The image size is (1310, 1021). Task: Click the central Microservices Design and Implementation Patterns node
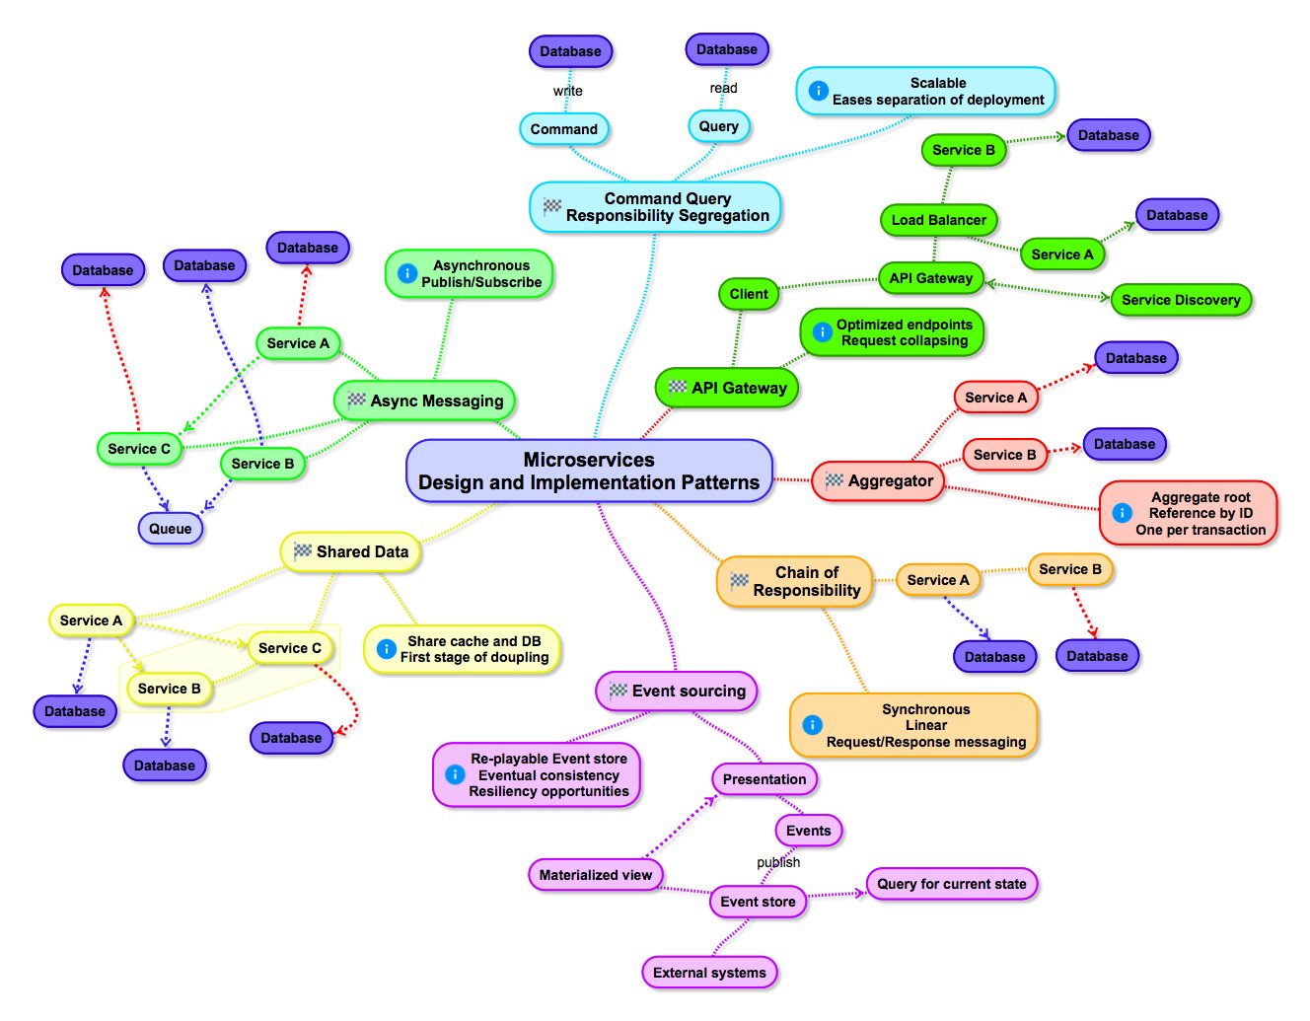[589, 471]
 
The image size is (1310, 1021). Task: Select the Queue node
[171, 529]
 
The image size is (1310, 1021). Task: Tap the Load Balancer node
[939, 220]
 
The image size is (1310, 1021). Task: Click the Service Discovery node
[1181, 300]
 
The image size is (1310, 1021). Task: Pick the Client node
[749, 294]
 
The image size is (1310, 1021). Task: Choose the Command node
[563, 129]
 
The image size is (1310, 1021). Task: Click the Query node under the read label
[718, 126]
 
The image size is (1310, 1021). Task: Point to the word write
[568, 91]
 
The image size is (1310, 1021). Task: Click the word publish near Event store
[778, 862]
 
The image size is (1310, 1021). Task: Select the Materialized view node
[596, 875]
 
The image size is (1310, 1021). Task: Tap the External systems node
[709, 973]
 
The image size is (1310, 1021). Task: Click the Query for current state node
[951, 884]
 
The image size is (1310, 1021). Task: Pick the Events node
[809, 831]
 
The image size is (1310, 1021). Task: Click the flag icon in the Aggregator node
[834, 480]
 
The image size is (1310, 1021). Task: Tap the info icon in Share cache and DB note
[386, 648]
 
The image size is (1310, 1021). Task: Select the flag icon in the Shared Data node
[302, 550]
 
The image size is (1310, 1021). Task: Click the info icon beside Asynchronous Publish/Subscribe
[407, 273]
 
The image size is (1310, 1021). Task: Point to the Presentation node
[764, 778]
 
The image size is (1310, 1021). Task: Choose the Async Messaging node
[424, 401]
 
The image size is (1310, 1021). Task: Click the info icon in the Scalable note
[818, 91]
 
